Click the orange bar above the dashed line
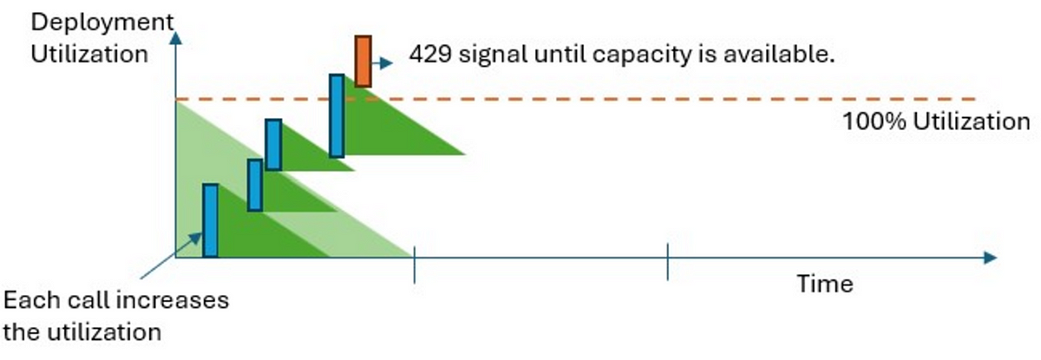(x=363, y=62)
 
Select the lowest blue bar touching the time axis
(x=210, y=220)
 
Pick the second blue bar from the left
(x=255, y=185)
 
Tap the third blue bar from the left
(x=273, y=145)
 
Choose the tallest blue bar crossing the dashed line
(x=337, y=115)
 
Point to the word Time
(x=825, y=285)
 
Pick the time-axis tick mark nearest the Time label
(x=668, y=262)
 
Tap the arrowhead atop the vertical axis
(x=176, y=37)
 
